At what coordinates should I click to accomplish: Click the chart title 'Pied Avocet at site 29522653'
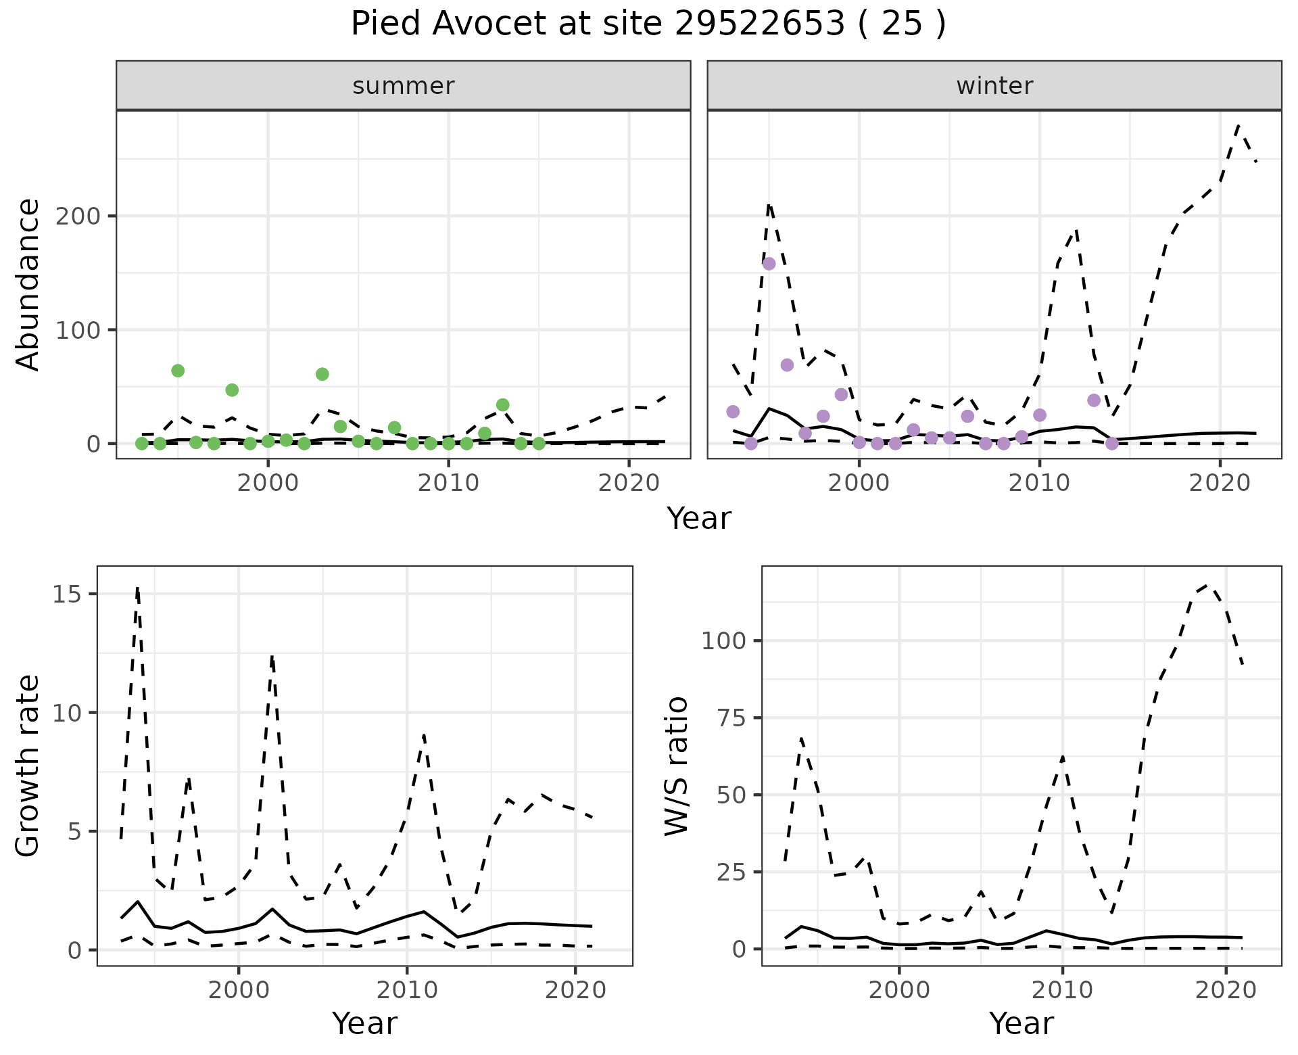click(648, 24)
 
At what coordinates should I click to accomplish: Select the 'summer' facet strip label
click(404, 86)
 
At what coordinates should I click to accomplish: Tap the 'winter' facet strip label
click(994, 86)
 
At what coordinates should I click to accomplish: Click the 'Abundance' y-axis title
click(28, 285)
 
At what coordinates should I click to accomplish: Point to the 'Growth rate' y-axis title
click(28, 766)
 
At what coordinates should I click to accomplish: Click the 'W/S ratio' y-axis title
click(676, 766)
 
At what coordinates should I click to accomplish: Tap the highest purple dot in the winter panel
click(769, 264)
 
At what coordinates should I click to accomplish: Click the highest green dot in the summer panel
click(178, 371)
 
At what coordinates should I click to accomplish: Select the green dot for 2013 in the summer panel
click(502, 405)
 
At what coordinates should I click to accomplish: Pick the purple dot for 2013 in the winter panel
click(1094, 400)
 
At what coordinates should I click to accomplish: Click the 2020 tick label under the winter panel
click(1220, 484)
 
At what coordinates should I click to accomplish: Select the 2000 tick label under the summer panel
click(268, 484)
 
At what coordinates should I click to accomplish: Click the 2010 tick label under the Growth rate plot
click(406, 991)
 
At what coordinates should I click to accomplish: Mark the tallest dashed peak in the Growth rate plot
click(137, 588)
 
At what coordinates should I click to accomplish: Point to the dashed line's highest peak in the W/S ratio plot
click(1209, 585)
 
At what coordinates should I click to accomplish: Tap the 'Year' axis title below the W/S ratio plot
click(1021, 1023)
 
